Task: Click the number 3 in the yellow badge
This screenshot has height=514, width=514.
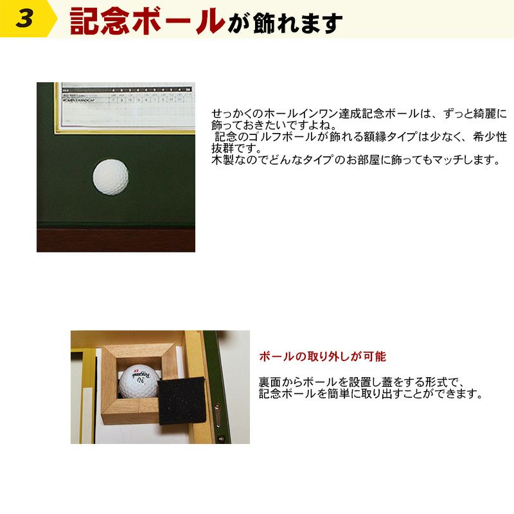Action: (x=24, y=19)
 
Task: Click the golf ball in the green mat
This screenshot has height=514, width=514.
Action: (x=111, y=177)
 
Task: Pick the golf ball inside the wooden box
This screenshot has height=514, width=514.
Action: (x=137, y=384)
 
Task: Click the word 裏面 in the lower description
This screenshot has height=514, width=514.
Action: (x=269, y=381)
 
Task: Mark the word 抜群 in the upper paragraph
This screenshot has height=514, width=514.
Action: (x=222, y=148)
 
